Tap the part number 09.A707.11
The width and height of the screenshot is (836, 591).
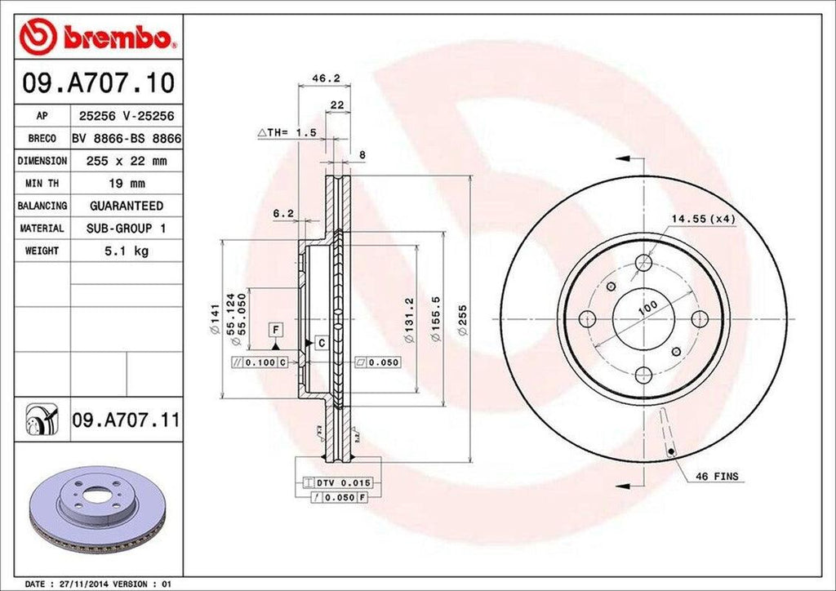point(126,421)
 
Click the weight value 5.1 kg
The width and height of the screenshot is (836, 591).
point(126,251)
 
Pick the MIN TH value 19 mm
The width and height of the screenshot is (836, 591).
point(126,184)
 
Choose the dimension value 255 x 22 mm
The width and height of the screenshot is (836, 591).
point(126,162)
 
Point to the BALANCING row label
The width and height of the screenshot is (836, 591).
point(42,206)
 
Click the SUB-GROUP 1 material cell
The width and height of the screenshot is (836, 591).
point(126,229)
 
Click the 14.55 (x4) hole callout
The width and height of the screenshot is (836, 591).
point(704,219)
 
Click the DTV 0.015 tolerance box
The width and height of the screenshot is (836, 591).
point(338,482)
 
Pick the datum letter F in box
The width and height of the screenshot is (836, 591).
point(276,330)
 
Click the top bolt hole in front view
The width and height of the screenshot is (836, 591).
point(643,263)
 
